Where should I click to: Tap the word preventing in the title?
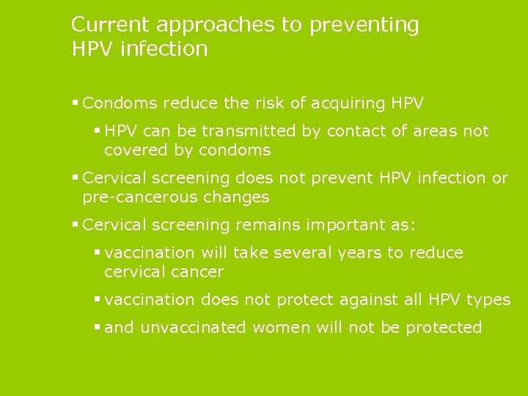click(364, 26)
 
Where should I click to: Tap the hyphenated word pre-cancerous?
click(139, 197)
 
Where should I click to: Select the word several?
click(301, 253)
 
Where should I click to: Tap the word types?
click(490, 300)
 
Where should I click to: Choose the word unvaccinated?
click(192, 328)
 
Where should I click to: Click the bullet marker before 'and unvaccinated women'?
click(97, 328)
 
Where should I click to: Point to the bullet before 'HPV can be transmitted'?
click(97, 131)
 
